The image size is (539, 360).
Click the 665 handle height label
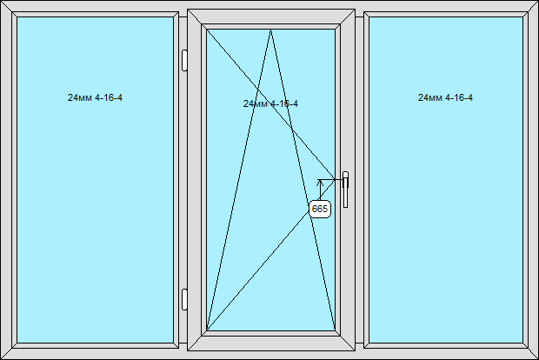pos(320,209)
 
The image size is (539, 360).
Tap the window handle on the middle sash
pos(345,190)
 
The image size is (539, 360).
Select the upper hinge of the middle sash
pos(184,61)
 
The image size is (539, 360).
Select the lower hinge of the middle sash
pos(184,299)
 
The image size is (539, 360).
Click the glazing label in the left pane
pos(95,97)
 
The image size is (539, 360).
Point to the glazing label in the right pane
pos(445,97)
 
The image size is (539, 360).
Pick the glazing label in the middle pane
pos(270,103)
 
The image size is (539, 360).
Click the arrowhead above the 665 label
pos(320,183)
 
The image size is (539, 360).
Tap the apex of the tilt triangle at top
pos(271,30)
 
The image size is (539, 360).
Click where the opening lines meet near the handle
pos(335,179)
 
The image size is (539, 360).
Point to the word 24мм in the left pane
pos(80,97)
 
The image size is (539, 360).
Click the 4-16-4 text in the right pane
pos(459,97)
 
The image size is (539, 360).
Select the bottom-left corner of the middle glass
pos(207,330)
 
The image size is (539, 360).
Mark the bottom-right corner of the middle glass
pos(336,330)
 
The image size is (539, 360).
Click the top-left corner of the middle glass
pos(207,30)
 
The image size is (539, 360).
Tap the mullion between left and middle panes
pos(183,180)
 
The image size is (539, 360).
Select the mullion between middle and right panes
pos(360,180)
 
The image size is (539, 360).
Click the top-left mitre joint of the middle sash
pos(195,17)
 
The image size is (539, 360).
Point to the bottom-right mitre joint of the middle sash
pos(348,343)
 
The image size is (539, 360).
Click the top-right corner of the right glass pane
pos(522,17)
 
